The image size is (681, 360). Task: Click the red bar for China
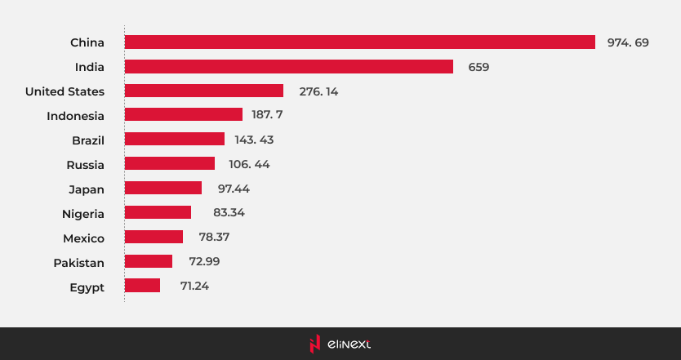(359, 42)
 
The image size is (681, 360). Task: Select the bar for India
(288, 66)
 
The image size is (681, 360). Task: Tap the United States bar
(203, 91)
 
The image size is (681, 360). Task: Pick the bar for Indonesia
(183, 114)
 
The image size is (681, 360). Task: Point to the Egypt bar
(142, 286)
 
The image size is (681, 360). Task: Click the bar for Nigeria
(158, 212)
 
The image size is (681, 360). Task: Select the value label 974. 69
(627, 42)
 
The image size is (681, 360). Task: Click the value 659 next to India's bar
(478, 67)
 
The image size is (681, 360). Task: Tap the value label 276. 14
(318, 91)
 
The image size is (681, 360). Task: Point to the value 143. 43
(256, 140)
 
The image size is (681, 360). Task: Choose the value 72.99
(203, 261)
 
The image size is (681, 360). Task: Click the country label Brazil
(88, 140)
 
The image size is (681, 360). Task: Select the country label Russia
(85, 164)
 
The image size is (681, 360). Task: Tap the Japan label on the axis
(87, 189)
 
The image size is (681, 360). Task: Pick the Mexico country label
(83, 238)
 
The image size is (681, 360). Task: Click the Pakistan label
(78, 262)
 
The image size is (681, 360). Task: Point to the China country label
(87, 42)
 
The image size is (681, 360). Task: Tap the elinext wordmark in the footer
(349, 344)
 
